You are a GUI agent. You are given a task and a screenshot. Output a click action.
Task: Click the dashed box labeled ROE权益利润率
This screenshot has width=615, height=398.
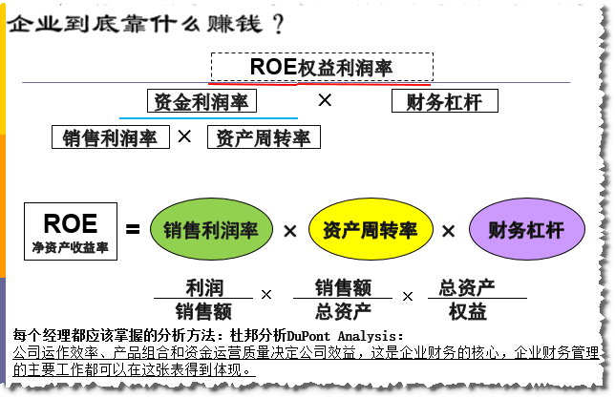(322, 67)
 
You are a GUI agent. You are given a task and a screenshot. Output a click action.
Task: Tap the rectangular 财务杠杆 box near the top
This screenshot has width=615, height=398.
(444, 101)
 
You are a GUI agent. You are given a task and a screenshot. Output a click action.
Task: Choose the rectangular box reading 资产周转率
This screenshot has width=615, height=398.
(263, 137)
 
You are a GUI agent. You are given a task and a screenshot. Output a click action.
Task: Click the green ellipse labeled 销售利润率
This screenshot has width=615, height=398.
(211, 231)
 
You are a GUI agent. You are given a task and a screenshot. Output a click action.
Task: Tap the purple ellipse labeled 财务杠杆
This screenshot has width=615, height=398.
(526, 231)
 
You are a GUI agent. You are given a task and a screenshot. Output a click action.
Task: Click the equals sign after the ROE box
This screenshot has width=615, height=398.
(133, 230)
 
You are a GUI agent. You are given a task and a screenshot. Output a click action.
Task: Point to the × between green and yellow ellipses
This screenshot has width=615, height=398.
(290, 231)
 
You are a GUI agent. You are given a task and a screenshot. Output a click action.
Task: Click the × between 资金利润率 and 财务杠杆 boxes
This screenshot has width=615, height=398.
(325, 99)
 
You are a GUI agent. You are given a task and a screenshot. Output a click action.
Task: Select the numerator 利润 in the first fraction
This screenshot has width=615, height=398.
(203, 286)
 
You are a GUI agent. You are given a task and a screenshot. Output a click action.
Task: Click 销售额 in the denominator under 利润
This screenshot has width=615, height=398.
(203, 311)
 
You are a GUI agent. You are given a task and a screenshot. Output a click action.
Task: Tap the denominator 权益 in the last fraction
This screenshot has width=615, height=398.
(467, 310)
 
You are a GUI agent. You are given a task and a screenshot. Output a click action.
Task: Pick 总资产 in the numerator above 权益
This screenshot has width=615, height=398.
(467, 286)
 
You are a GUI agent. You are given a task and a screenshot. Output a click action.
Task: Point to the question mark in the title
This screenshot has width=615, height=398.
(278, 22)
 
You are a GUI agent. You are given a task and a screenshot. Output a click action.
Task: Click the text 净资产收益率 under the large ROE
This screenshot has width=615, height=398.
(70, 248)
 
